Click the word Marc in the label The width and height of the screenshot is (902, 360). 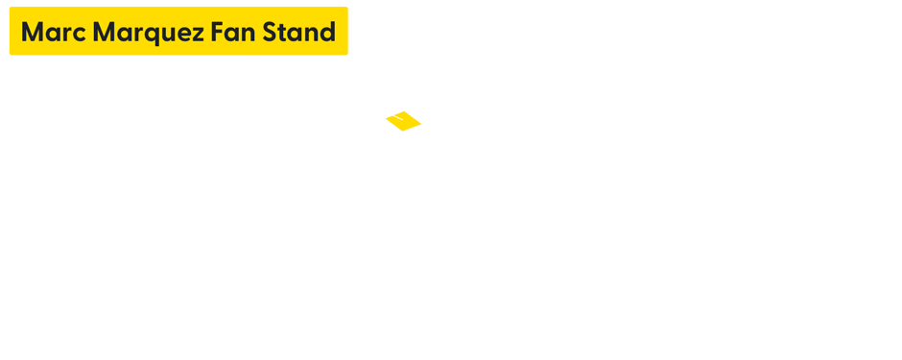click(x=54, y=33)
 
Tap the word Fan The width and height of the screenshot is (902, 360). click(x=233, y=33)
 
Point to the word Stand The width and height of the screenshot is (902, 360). click(x=299, y=33)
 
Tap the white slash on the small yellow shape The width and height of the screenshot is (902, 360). click(x=393, y=118)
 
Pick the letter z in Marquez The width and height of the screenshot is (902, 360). click(x=199, y=34)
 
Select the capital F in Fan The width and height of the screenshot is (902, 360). click(x=217, y=33)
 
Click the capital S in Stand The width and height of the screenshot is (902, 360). click(x=270, y=33)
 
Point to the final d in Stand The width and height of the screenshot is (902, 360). click(x=328, y=33)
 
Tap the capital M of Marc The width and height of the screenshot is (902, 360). click(x=33, y=33)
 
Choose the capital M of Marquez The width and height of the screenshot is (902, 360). click(x=105, y=33)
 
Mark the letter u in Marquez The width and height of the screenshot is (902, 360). click(x=173, y=34)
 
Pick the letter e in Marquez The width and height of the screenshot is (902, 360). click(x=186, y=34)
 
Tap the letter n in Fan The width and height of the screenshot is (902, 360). click(x=248, y=34)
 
